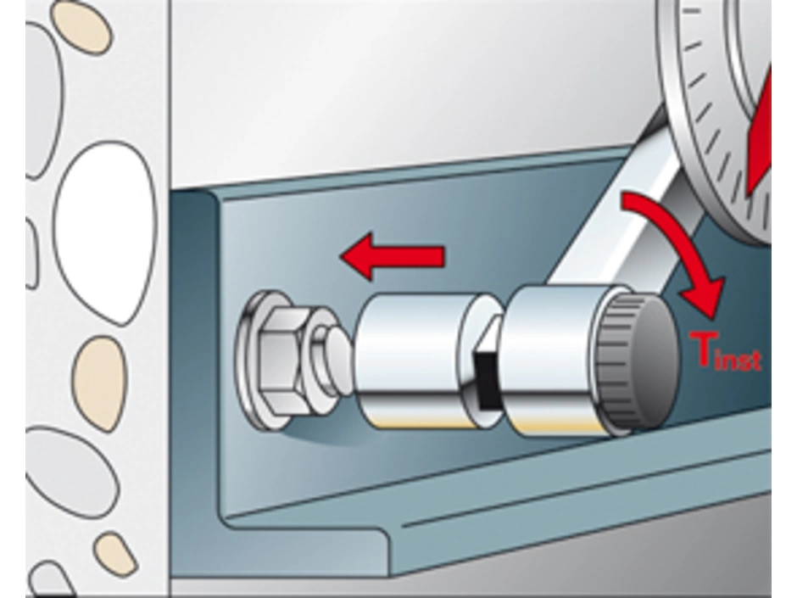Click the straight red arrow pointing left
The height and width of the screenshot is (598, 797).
point(393,256)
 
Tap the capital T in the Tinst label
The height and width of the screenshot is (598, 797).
point(705,349)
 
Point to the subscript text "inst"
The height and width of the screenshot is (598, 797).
point(740,359)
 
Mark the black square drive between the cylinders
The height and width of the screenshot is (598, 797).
point(486,378)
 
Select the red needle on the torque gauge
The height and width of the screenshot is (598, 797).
point(760,132)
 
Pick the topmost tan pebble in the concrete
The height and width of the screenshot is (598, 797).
point(81,26)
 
